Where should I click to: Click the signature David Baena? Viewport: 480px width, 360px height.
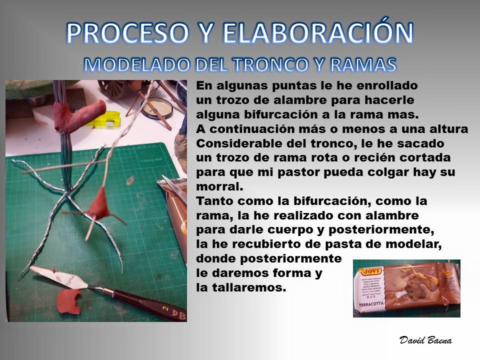pyautogui.click(x=425, y=340)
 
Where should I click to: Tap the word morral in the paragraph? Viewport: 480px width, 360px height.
pyautogui.click(x=219, y=186)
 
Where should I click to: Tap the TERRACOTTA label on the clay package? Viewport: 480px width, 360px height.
pyautogui.click(x=370, y=304)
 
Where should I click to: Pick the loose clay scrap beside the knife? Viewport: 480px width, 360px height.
pyautogui.click(x=69, y=301)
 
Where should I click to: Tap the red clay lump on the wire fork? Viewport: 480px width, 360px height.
pyautogui.click(x=98, y=204)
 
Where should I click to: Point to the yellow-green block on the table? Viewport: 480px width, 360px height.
pyautogui.click(x=105, y=120)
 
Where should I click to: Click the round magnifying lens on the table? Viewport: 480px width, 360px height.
pyautogui.click(x=156, y=108)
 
